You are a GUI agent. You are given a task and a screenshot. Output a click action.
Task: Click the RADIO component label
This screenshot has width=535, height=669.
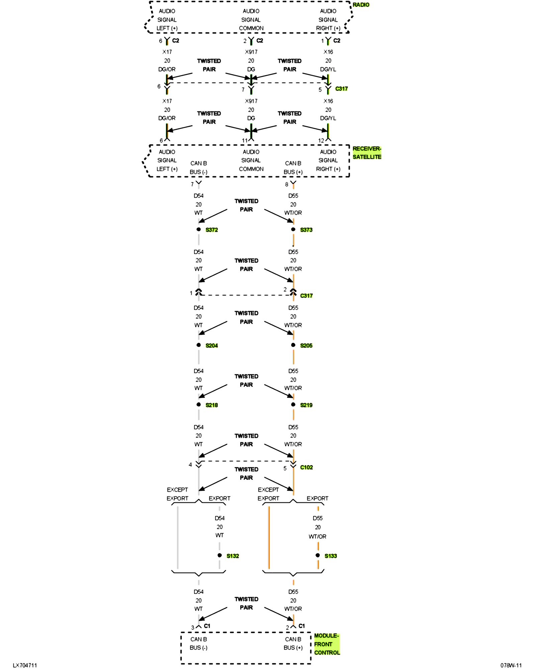coord(361,5)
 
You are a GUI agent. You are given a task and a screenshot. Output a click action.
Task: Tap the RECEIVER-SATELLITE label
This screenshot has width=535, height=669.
coord(367,153)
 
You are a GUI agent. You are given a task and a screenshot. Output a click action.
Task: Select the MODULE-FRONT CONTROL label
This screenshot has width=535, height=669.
coord(327,644)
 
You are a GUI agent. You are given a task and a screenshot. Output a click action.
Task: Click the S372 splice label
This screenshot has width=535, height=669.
coord(212,230)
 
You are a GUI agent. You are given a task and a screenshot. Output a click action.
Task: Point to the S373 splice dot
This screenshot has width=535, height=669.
coord(293,229)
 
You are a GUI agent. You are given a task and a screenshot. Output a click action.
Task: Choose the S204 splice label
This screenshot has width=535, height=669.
coord(212,346)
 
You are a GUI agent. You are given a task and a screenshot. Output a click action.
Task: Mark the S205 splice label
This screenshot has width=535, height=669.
coord(306,346)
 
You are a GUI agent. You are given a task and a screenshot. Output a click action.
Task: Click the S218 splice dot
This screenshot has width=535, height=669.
coord(199,404)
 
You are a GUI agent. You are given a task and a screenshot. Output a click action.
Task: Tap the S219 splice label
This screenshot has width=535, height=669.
coord(306,405)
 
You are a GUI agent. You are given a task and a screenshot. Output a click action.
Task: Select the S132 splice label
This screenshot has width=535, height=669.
coord(233,556)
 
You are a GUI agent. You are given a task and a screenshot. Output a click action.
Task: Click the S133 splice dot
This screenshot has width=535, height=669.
coord(318,555)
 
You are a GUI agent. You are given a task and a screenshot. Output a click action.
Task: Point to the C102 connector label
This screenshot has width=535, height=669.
coord(306,467)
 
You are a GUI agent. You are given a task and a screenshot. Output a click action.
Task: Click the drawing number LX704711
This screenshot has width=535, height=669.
coord(25,665)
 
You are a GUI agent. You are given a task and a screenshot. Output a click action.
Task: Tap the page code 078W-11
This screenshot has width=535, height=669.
coord(511,665)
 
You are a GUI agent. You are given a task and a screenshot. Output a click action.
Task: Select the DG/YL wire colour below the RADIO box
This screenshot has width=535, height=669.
coord(328,69)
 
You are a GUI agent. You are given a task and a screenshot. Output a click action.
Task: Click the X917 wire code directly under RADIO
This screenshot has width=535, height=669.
coord(251,52)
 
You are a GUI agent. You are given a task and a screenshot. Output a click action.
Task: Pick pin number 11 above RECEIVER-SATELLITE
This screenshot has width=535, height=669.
coord(245,140)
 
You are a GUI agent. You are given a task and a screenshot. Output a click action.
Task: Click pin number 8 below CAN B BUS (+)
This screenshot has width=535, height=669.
coord(287,184)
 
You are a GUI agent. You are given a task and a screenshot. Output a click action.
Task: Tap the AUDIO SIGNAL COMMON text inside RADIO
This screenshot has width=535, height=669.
coord(251,20)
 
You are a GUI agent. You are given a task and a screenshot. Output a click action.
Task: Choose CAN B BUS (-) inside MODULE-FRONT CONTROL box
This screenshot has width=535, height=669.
coord(199,644)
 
